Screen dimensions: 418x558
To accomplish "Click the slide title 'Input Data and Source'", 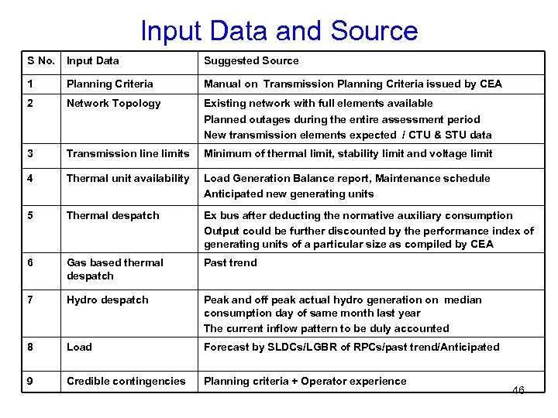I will [x=279, y=31].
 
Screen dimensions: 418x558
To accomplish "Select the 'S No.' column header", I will [x=41, y=60].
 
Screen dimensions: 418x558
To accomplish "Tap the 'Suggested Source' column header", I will [x=251, y=60].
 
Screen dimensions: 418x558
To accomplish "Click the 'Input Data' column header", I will [x=93, y=60].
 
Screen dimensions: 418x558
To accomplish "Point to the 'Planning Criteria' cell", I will [x=110, y=84].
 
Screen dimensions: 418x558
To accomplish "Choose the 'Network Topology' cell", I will [x=114, y=103].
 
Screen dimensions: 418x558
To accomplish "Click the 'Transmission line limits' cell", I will [x=128, y=153].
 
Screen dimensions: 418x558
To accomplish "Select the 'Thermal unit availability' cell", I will [x=128, y=178].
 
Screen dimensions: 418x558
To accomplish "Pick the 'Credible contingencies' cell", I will [x=126, y=381].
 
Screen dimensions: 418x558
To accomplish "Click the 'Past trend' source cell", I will [x=230, y=262].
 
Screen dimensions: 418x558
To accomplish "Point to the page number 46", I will [x=518, y=391].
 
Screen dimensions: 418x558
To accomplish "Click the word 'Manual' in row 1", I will [x=222, y=84].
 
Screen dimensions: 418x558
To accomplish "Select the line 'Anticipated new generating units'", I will [x=288, y=194].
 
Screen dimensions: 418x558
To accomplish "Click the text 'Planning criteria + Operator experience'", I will [x=305, y=381].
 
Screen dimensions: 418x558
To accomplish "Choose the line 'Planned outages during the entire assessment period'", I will [x=342, y=119].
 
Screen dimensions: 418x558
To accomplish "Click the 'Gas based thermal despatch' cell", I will [x=115, y=269].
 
